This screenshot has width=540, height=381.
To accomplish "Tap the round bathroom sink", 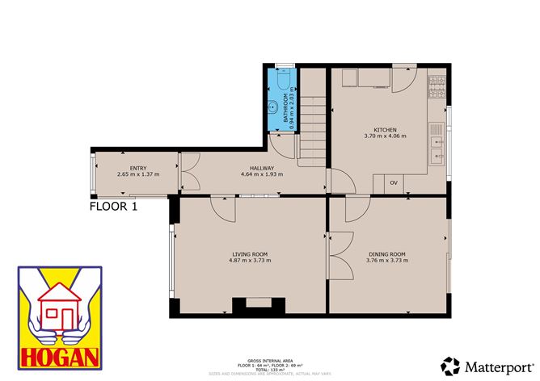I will tap(275, 106).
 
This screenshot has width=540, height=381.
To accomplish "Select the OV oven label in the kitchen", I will tap(394, 182).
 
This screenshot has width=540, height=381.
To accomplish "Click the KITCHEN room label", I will tap(385, 129).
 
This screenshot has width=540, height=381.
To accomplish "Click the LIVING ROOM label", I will tap(248, 254).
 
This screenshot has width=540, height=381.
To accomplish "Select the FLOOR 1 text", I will tap(113, 207).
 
